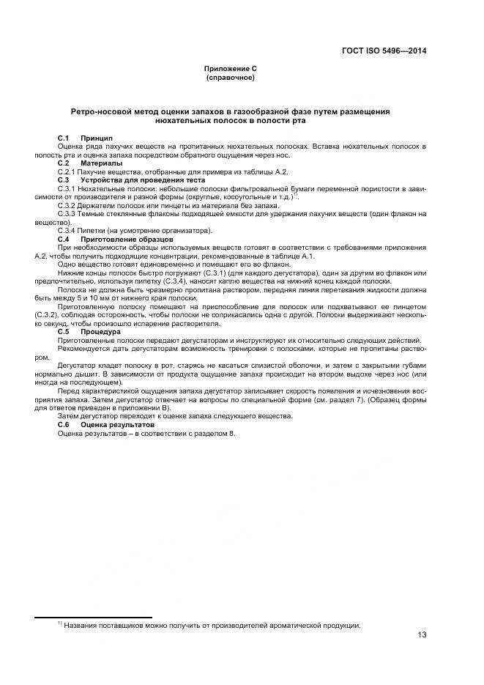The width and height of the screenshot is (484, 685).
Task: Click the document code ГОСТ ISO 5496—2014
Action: [x=384, y=51]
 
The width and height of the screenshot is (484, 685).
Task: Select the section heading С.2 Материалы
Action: [x=90, y=163]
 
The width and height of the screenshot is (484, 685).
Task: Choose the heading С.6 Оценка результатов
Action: [x=106, y=424]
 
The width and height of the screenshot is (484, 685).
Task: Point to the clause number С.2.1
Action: [x=67, y=171]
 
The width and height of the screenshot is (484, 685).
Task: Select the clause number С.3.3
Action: [x=67, y=213]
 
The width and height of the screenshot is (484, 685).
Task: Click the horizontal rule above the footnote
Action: [x=94, y=618]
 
